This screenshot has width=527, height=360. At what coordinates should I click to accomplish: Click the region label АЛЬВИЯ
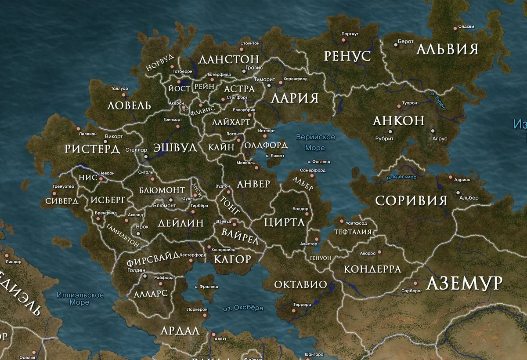[447, 49]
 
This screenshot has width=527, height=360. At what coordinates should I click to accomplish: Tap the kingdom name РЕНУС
[347, 56]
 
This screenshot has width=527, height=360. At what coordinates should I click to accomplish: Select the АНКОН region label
[398, 120]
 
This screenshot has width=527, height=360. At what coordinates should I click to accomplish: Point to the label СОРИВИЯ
[411, 201]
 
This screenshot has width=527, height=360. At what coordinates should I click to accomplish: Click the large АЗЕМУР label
[464, 284]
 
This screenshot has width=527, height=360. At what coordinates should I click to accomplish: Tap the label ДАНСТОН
[228, 59]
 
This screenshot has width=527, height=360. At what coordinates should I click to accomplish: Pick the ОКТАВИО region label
[300, 284]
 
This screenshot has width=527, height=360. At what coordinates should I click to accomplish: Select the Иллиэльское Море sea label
[80, 298]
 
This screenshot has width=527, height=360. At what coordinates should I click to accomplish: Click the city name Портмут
[350, 34]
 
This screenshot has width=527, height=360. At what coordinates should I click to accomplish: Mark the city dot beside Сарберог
[415, 284]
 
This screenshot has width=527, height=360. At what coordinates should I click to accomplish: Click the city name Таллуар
[119, 88]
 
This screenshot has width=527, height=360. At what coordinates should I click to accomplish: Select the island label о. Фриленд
[206, 286]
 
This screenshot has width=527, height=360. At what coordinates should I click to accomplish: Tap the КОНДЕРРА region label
[372, 269]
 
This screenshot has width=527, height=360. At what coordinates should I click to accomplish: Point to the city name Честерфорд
[193, 255]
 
